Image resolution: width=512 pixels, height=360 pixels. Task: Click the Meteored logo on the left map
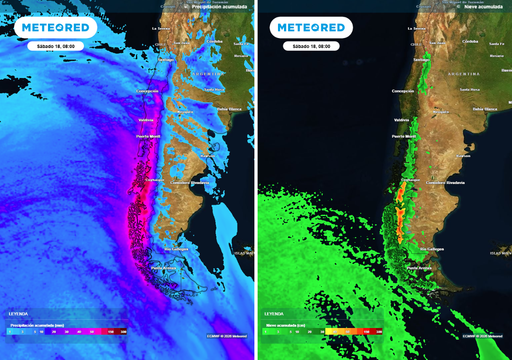pyautogui.click(x=55, y=28)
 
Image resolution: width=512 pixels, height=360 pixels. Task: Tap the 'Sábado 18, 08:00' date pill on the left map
pyautogui.click(x=53, y=46)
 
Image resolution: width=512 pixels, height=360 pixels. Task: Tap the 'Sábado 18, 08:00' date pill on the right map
pyautogui.click(x=310, y=46)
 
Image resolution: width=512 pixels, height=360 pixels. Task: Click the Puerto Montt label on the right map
pyautogui.click(x=403, y=135)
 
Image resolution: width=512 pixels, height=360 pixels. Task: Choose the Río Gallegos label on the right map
pyautogui.click(x=432, y=247)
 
